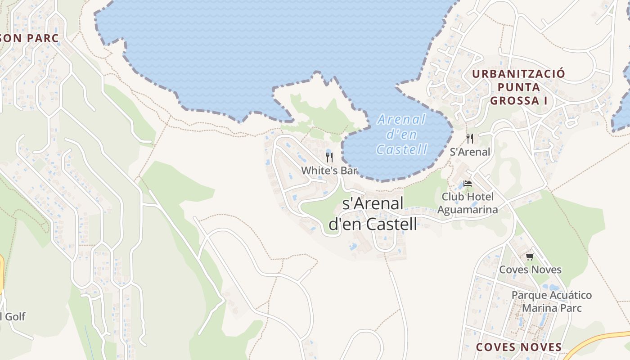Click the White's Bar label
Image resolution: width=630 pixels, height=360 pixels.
coord(329,171)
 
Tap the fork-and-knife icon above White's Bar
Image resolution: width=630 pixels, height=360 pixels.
coord(329,157)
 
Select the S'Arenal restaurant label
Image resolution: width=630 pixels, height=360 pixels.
coord(470,152)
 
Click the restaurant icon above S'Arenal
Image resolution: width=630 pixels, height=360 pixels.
coord(470,138)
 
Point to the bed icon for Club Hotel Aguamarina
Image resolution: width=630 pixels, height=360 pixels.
coord(468,184)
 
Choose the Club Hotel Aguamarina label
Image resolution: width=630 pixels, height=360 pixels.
coord(468,203)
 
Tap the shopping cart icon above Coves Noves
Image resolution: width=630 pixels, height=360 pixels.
coord(530,256)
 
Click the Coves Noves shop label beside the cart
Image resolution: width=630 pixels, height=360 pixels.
coord(530,270)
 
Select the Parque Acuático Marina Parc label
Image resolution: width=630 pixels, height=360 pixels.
coord(551,301)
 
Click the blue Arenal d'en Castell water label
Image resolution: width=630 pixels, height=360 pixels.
coord(401,134)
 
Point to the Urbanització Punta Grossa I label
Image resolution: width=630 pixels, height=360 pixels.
coord(518,87)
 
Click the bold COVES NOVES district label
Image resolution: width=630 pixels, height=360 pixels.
coord(518,347)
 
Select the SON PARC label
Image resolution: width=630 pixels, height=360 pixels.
coord(30,38)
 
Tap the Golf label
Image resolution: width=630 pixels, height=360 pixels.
coord(13,316)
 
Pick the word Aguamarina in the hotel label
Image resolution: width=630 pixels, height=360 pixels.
coord(468,210)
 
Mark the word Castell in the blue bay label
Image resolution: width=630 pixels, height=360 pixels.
coord(401,149)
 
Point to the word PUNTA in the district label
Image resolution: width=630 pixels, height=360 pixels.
coord(518,87)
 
